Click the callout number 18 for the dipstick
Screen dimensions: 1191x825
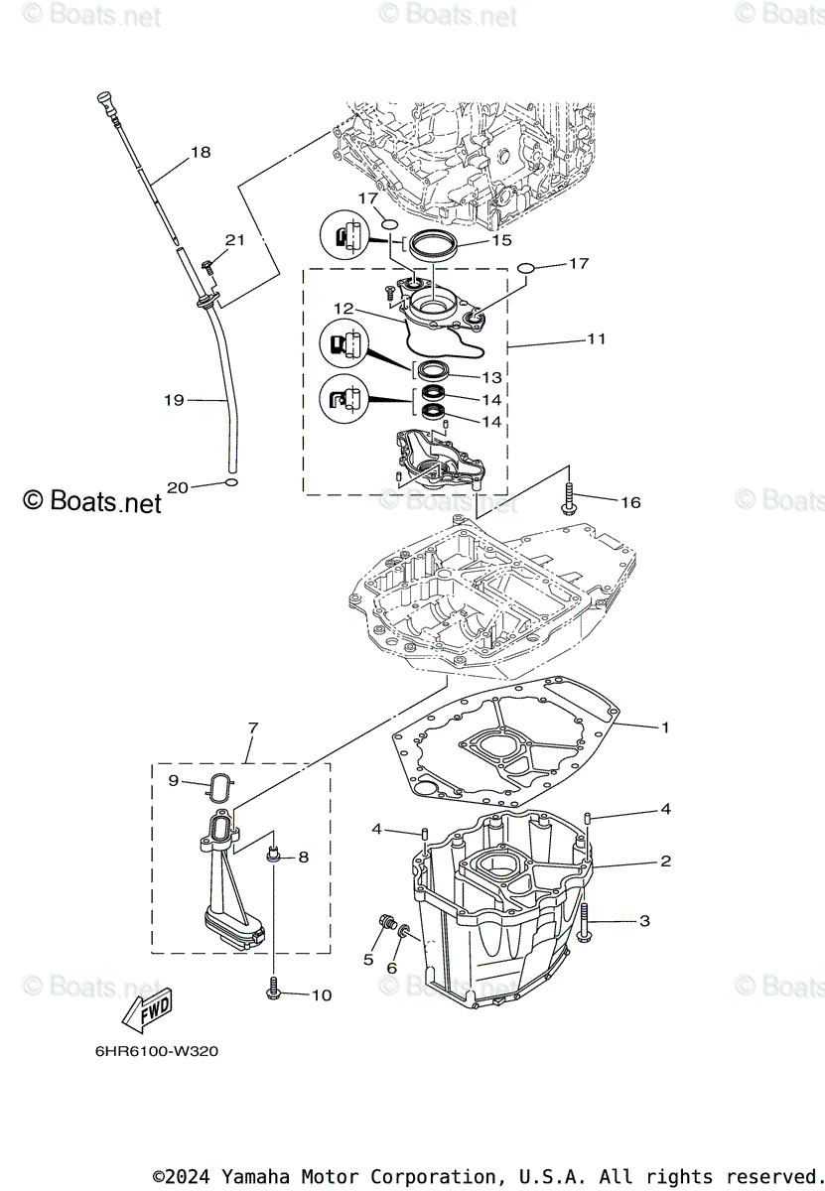[201, 153]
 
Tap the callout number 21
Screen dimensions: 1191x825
[234, 240]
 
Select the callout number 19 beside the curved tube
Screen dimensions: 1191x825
[174, 400]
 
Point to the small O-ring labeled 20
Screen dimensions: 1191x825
[230, 483]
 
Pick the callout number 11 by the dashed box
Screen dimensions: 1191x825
[596, 338]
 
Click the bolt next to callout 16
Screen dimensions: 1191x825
[570, 496]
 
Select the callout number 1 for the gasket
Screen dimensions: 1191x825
[665, 728]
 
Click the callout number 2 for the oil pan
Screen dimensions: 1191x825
[665, 861]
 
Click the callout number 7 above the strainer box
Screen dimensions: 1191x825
[252, 728]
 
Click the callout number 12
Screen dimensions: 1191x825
[344, 308]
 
